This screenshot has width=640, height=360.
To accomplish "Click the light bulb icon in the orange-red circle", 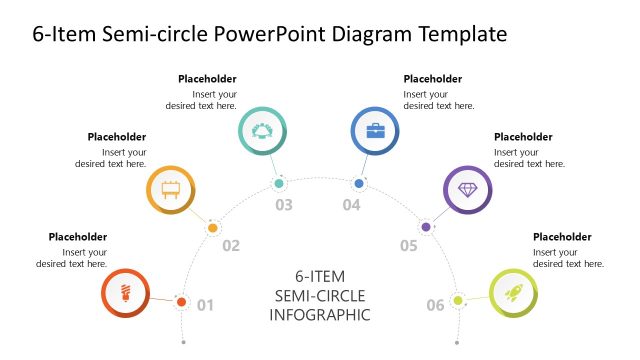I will pyautogui.click(x=126, y=293).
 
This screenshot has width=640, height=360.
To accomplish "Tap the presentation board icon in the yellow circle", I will pyautogui.click(x=170, y=189).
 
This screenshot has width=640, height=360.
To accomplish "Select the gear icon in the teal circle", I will pyautogui.click(x=263, y=130).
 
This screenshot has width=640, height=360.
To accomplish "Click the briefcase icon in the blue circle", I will pyautogui.click(x=375, y=130).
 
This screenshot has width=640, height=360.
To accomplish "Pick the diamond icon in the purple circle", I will pyautogui.click(x=468, y=189).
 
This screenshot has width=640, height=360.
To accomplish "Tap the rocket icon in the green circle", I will pyautogui.click(x=513, y=293).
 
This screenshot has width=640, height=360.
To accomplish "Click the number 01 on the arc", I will pyautogui.click(x=205, y=305).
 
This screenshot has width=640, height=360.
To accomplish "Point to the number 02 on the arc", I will pyautogui.click(x=231, y=246).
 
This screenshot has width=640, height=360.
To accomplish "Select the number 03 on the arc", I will pyautogui.click(x=284, y=205).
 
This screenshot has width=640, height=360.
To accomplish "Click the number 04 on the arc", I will pyautogui.click(x=351, y=205).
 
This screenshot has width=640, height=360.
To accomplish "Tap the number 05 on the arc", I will pyautogui.click(x=408, y=246).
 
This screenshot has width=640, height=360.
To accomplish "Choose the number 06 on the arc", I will pyautogui.click(x=435, y=305).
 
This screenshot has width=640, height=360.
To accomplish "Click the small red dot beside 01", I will pyautogui.click(x=181, y=301).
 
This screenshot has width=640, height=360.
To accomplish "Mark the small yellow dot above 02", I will pyautogui.click(x=212, y=228).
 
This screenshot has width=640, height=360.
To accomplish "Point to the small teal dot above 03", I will pyautogui.click(x=280, y=184).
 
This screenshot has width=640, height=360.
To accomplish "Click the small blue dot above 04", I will pyautogui.click(x=358, y=184).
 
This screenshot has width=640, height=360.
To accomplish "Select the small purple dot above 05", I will pyautogui.click(x=426, y=228).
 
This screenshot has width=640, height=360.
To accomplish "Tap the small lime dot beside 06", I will pyautogui.click(x=458, y=300).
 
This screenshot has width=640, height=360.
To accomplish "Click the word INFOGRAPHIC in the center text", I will pyautogui.click(x=320, y=315).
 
